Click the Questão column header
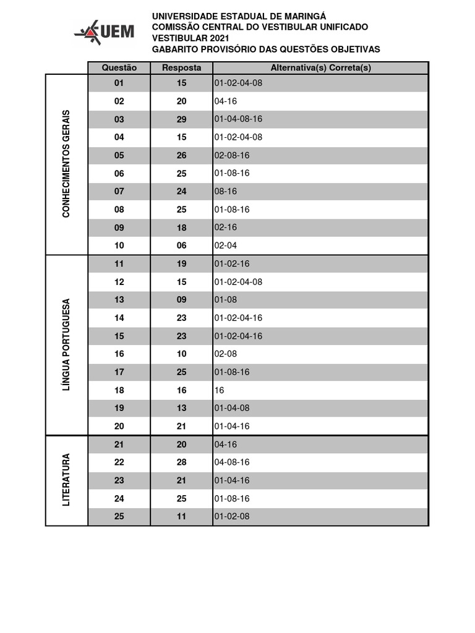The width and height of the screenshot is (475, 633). coord(119,68)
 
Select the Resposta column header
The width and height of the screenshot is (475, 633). coord(181,68)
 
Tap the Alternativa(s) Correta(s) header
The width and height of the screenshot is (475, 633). coord(320,68)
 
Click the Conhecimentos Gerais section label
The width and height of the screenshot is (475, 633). coord(66,164)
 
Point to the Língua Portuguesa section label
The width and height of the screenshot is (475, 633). coord(66,345)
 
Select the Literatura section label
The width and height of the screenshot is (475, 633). coord(66,480)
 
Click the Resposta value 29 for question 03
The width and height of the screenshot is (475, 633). coord(181,119)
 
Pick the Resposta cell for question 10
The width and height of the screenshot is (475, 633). coord(181,245)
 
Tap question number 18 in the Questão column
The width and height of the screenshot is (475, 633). coord(119,390)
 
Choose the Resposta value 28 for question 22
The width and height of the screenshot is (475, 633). coord(181,462)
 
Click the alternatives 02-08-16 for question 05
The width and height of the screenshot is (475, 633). coord(232,155)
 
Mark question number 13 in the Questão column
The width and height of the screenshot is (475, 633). coord(119,300)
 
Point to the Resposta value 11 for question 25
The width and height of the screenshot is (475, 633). coord(181,516)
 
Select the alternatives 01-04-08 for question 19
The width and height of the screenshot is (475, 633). coord(232,408)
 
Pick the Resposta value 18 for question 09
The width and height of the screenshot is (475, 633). coord(181,227)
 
